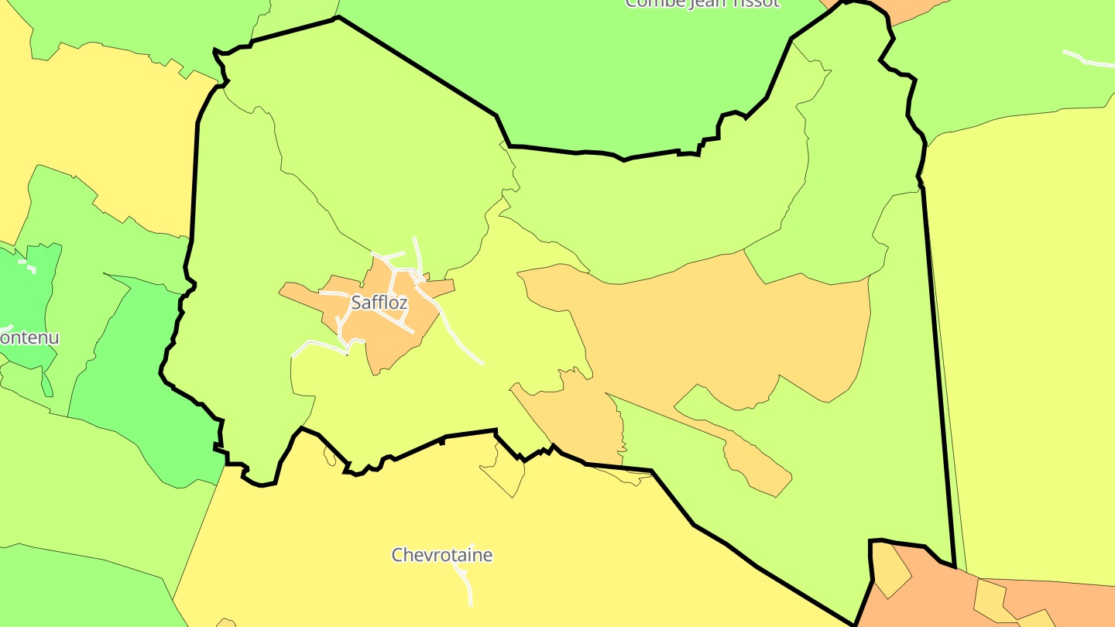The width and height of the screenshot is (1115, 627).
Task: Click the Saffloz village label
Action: click(x=379, y=303)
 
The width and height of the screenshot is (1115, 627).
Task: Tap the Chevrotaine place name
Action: click(x=441, y=555)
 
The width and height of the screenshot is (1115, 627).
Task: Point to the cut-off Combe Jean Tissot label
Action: click(x=702, y=3)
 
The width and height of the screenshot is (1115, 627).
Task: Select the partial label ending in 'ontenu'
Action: click(x=29, y=338)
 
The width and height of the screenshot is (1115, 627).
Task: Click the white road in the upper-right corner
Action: click(x=1088, y=60)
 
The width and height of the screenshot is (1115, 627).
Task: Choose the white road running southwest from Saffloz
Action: click(x=317, y=344)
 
